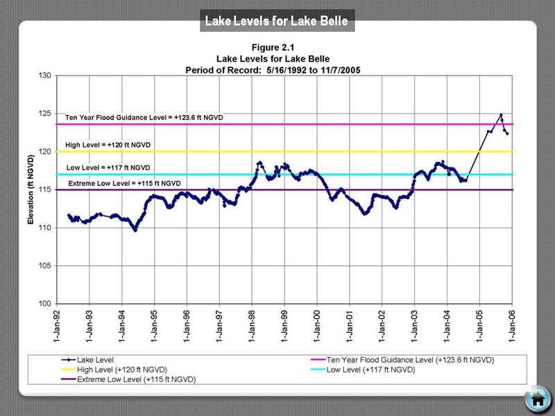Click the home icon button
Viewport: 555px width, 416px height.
click(x=537, y=399)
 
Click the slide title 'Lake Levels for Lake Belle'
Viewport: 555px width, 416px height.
click(x=277, y=21)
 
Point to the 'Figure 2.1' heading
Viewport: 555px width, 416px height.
click(x=277, y=49)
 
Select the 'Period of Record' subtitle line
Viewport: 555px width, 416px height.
click(x=277, y=70)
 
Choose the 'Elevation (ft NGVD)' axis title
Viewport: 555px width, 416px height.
click(x=30, y=189)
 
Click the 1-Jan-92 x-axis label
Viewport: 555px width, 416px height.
click(x=57, y=327)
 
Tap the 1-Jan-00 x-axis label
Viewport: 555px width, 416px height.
click(x=317, y=327)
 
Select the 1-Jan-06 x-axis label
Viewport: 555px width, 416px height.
click(x=512, y=327)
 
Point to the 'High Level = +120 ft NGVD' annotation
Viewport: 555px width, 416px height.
click(x=108, y=145)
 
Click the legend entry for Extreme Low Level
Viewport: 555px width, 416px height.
click(x=136, y=379)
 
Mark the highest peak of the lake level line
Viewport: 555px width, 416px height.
click(x=500, y=115)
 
